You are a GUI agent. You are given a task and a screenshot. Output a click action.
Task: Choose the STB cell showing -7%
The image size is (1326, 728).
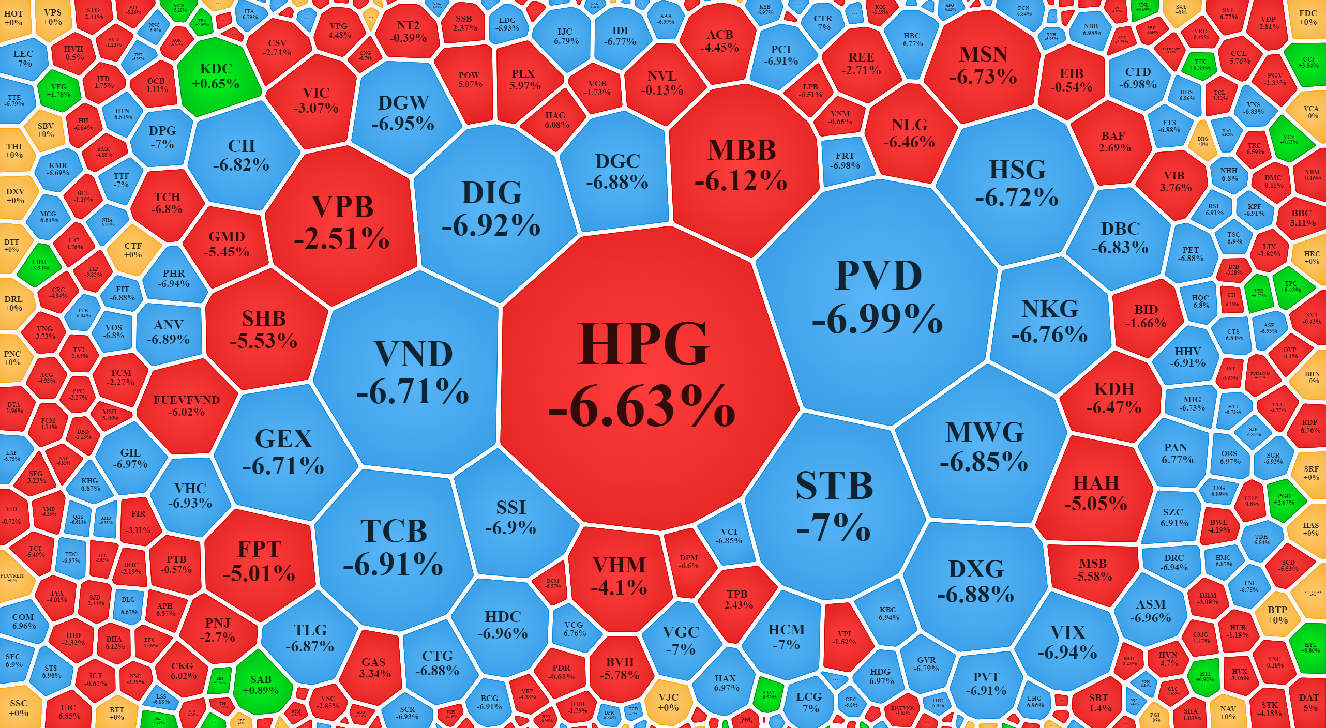[834, 507]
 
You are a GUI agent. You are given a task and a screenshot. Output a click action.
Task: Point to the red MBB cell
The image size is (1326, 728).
[741, 165]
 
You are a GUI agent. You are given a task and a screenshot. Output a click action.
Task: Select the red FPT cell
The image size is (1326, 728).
[259, 561]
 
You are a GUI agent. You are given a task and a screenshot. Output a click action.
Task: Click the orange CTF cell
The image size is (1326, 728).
[133, 250]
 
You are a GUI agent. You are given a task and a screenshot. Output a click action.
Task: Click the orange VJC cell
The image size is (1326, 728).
[668, 702]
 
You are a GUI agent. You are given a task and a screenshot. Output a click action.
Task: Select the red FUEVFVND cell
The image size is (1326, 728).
[186, 406]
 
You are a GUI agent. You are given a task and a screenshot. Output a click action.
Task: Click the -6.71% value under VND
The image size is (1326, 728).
[413, 391]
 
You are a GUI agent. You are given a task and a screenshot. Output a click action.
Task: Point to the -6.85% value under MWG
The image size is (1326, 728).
[984, 462]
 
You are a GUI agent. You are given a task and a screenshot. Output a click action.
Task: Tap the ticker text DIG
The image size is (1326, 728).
[492, 193]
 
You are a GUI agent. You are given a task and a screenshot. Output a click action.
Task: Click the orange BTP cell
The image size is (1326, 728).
[1277, 615]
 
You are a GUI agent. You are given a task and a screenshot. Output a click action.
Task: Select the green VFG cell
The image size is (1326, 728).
[58, 91]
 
